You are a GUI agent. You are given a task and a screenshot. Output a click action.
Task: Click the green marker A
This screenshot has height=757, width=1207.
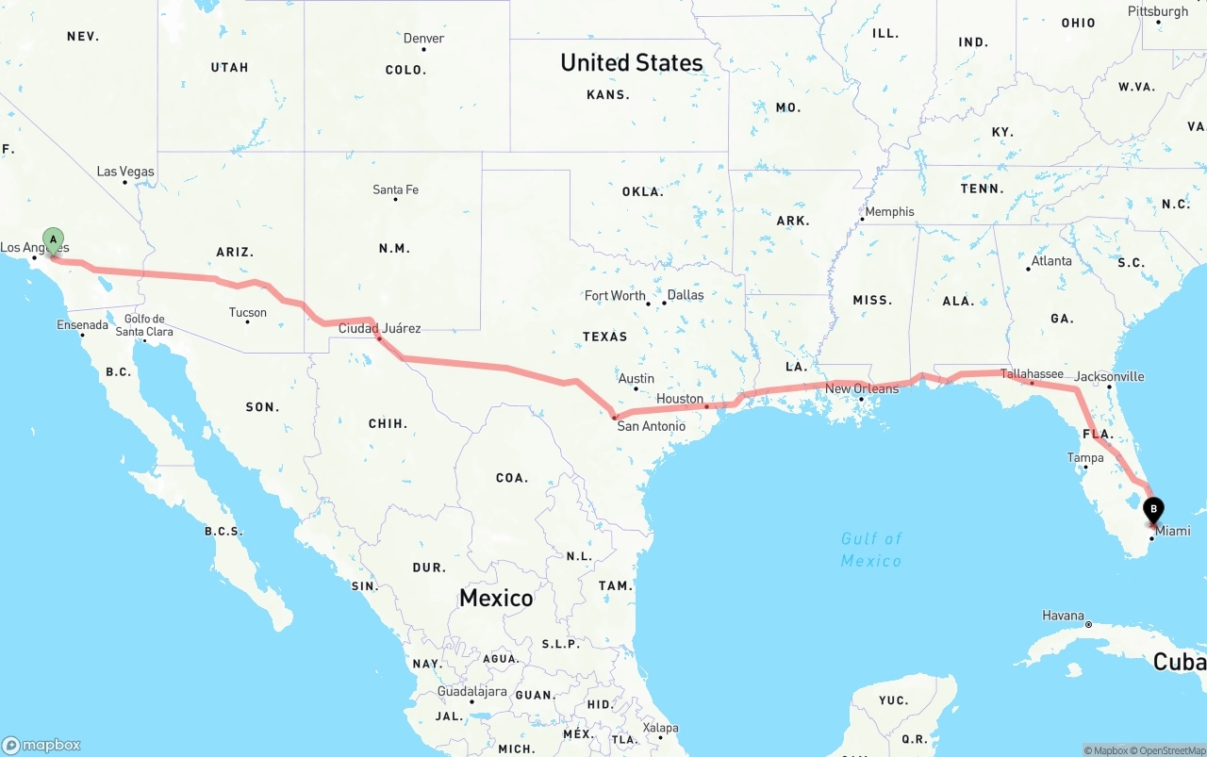(x=54, y=239)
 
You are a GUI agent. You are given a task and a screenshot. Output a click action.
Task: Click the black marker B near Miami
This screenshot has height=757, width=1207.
(x=1152, y=511)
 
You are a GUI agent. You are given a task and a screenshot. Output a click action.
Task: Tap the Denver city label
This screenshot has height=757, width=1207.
(x=423, y=39)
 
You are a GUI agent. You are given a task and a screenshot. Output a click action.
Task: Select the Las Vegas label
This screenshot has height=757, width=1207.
(x=125, y=172)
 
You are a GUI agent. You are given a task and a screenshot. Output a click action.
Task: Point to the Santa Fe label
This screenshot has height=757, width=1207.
(x=395, y=189)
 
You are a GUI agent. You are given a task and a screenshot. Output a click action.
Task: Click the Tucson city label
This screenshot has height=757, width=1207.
(x=247, y=312)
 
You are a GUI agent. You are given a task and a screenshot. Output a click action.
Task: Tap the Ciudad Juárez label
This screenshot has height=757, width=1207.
(x=379, y=328)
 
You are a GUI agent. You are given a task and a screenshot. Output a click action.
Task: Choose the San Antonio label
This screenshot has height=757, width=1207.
(x=651, y=426)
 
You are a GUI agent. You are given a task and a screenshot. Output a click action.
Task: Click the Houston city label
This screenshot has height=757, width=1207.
(x=680, y=399)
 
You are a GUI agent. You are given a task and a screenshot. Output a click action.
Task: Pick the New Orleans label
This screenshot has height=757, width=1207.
(x=862, y=388)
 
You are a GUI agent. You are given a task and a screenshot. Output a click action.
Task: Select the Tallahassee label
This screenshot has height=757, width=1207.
(x=1032, y=374)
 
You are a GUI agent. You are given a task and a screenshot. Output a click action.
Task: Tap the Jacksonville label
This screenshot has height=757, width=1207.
(x=1109, y=376)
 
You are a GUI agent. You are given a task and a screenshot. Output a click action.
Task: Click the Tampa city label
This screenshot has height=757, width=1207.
(x=1085, y=458)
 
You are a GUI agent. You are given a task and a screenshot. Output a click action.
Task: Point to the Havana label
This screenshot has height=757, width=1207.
(x=1063, y=616)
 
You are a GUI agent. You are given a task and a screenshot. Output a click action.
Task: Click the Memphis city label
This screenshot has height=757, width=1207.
(x=889, y=211)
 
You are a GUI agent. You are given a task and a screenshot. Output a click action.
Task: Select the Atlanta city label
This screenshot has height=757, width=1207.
(x=1051, y=261)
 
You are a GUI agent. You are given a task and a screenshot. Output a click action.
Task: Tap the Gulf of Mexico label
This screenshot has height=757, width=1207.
(x=871, y=550)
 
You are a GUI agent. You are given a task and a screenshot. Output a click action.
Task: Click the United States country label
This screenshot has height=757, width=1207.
(x=631, y=62)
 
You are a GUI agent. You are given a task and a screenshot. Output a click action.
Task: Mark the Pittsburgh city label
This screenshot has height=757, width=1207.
(x=1158, y=11)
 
